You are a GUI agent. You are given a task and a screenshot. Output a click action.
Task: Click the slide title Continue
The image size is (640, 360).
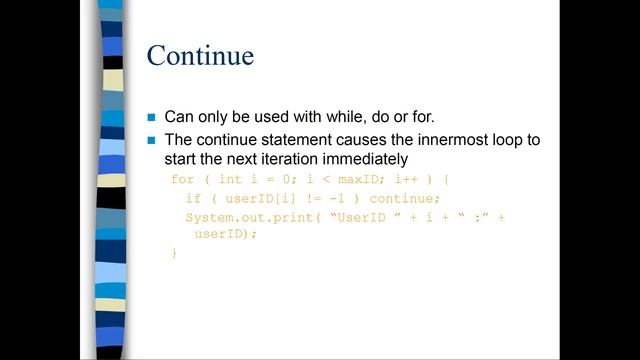tap(200, 55)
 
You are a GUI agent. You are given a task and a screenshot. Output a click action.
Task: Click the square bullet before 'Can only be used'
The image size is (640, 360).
tap(153, 117)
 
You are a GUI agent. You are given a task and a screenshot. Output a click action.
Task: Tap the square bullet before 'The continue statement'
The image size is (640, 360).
tap(153, 140)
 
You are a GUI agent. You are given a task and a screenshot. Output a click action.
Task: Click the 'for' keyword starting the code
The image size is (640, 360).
tap(183, 179)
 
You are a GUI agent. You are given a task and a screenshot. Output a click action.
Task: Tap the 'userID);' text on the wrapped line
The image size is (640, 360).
tap(226, 234)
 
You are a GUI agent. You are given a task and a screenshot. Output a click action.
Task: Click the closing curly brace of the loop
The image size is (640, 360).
tap(174, 254)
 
